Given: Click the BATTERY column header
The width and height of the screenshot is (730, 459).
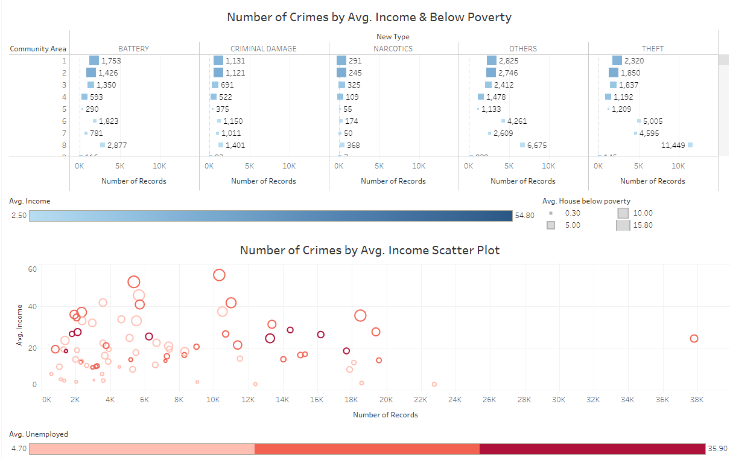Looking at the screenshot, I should (x=134, y=49).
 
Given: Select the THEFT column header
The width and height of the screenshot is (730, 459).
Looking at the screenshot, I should (x=653, y=49).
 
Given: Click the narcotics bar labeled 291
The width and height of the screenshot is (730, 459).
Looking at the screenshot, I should (x=341, y=60).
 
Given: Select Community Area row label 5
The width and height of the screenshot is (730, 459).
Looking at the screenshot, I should (x=64, y=109).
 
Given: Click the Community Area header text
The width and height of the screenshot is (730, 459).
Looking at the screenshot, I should (x=38, y=49).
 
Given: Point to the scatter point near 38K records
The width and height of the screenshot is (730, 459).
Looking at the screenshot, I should (x=694, y=339).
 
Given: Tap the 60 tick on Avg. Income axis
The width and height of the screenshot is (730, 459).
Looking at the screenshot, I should (x=34, y=269).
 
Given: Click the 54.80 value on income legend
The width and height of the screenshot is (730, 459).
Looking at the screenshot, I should (x=524, y=216).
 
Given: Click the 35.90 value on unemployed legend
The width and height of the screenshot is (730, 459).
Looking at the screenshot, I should (x=717, y=449).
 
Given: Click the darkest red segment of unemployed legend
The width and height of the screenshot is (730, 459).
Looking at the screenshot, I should (x=592, y=449).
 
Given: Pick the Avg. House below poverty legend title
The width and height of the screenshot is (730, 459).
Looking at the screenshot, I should (x=586, y=201).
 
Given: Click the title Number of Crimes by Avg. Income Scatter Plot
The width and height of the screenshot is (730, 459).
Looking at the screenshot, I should (x=369, y=250).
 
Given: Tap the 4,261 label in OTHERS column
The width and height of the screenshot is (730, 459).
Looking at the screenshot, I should (x=517, y=121).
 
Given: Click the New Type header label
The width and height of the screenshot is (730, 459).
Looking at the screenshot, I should (x=393, y=37).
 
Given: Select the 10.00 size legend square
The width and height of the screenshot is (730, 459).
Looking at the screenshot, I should (x=623, y=213).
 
